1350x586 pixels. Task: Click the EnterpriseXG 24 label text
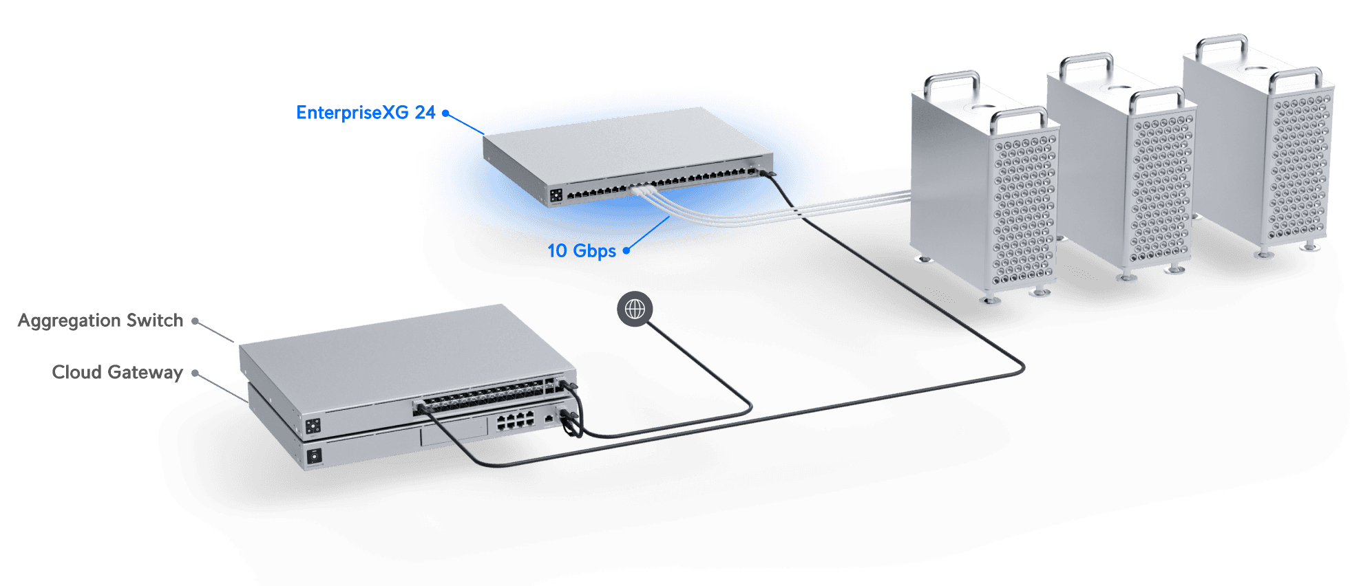pyautogui.click(x=366, y=113)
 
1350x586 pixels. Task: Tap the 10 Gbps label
pyautogui.click(x=582, y=251)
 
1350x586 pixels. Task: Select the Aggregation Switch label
pyautogui.click(x=101, y=321)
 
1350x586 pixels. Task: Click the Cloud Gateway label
pyautogui.click(x=117, y=373)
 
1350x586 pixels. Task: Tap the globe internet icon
pyautogui.click(x=635, y=310)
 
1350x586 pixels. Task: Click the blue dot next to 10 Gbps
pyautogui.click(x=626, y=251)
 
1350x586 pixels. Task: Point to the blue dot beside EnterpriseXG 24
pyautogui.click(x=445, y=113)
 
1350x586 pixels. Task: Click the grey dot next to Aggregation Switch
pyautogui.click(x=196, y=321)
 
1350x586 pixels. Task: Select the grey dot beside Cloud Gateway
pyautogui.click(x=196, y=373)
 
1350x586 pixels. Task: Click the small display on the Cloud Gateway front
pyautogui.click(x=315, y=455)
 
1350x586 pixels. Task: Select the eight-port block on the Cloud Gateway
pyautogui.click(x=516, y=420)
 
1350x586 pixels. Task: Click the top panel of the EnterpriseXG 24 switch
pyautogui.click(x=620, y=144)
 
